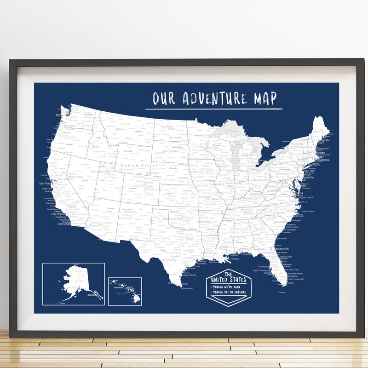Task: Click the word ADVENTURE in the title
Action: click(214, 98)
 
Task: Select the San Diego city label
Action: click(64, 224)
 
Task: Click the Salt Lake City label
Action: click(101, 171)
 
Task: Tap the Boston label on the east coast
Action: click(321, 153)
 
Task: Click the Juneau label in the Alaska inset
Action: click(94, 296)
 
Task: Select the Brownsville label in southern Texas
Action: click(187, 288)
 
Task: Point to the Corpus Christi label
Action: click(189, 275)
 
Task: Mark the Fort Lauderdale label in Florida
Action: click(295, 279)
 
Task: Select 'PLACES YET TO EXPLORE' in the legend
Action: click(230, 292)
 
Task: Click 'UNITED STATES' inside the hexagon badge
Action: click(229, 280)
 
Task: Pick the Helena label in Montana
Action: click(120, 129)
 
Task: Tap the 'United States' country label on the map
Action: click(136, 165)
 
